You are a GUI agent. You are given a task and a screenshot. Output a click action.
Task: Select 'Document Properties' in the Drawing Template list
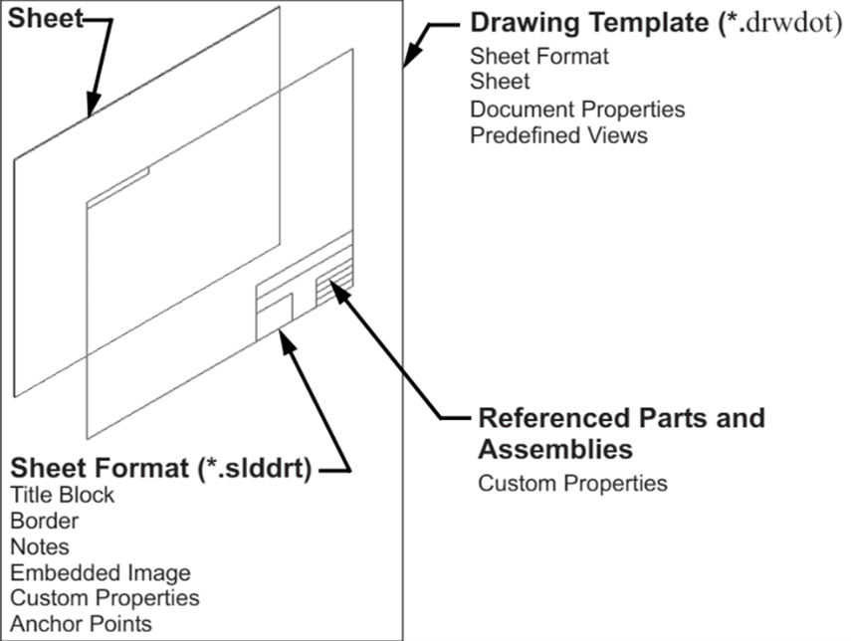click(577, 108)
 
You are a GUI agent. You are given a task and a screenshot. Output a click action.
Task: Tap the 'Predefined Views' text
click(558, 134)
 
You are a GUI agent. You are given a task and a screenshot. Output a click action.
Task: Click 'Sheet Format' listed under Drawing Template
click(538, 57)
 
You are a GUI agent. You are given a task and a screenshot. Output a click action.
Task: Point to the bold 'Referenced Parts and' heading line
click(621, 417)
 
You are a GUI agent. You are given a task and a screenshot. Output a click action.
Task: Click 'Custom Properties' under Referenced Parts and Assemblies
click(572, 484)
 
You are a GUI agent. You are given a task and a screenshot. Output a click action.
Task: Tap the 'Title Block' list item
click(63, 494)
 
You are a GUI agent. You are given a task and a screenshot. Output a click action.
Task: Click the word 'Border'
click(45, 520)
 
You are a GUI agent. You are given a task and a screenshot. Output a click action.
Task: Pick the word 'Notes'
click(41, 545)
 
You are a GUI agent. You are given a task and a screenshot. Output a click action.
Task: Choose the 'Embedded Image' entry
click(101, 572)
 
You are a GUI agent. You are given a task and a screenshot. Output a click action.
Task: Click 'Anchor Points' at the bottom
click(81, 624)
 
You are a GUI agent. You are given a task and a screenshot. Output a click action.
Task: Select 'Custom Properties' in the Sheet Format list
click(105, 598)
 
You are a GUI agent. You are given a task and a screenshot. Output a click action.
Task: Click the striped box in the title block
click(333, 288)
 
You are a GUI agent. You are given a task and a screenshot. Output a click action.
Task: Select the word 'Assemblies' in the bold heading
click(555, 449)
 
